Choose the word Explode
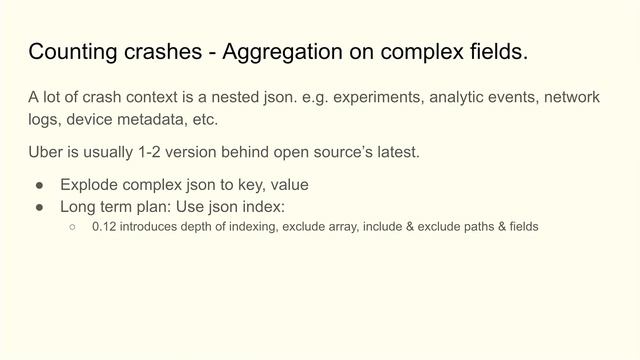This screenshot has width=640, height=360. (x=92, y=185)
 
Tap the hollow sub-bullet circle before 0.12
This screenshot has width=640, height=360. (x=73, y=227)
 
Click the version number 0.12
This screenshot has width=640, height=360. (x=104, y=227)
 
